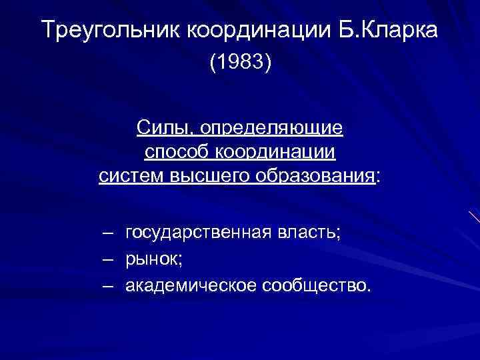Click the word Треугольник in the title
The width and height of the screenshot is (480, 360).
point(107,30)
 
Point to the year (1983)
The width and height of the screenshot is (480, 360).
point(240,64)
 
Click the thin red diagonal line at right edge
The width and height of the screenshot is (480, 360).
point(474,216)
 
